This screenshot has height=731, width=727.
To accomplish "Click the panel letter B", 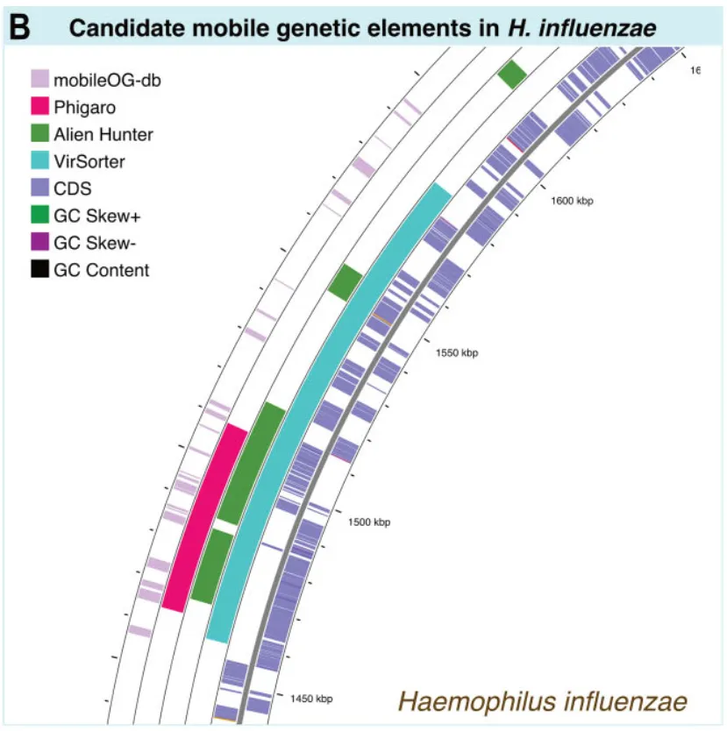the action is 18,28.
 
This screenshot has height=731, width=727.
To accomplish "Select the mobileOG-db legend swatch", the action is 39,81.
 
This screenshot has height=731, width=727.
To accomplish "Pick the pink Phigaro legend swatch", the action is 39,108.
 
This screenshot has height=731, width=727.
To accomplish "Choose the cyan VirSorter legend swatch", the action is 39,161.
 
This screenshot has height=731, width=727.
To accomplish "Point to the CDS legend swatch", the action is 39,188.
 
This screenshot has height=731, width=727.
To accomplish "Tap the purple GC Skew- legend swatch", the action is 39,243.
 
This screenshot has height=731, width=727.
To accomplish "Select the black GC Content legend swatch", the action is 39,270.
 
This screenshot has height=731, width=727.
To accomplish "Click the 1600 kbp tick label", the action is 572,201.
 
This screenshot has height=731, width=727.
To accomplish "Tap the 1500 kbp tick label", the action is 368,522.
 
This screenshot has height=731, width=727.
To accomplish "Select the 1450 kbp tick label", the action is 311,699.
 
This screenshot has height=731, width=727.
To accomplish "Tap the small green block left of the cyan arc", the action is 345,280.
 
